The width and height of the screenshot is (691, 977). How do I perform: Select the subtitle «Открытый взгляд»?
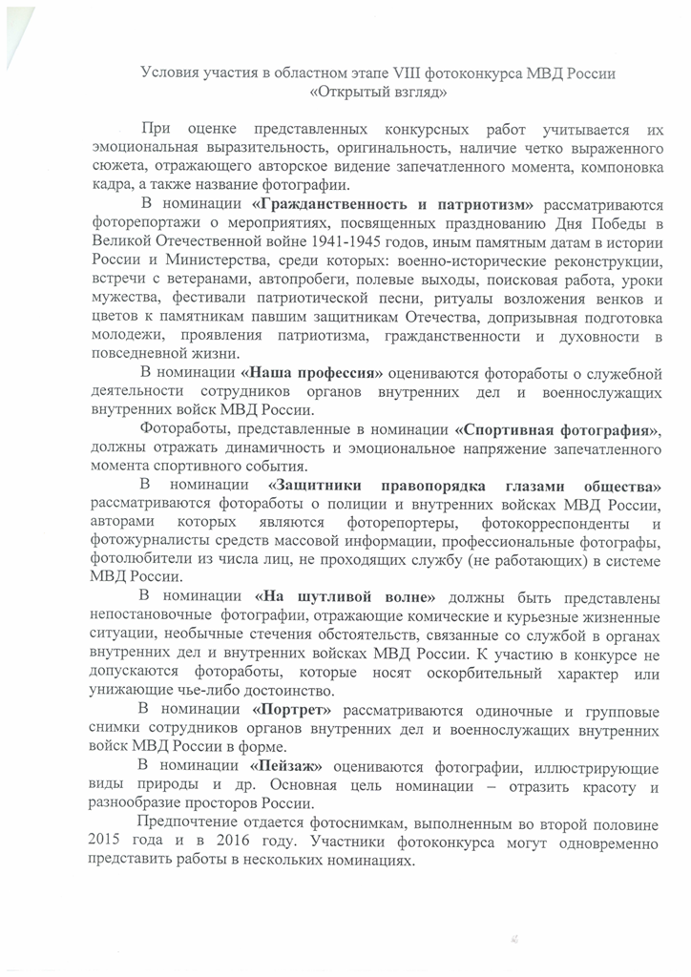coord(378,94)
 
